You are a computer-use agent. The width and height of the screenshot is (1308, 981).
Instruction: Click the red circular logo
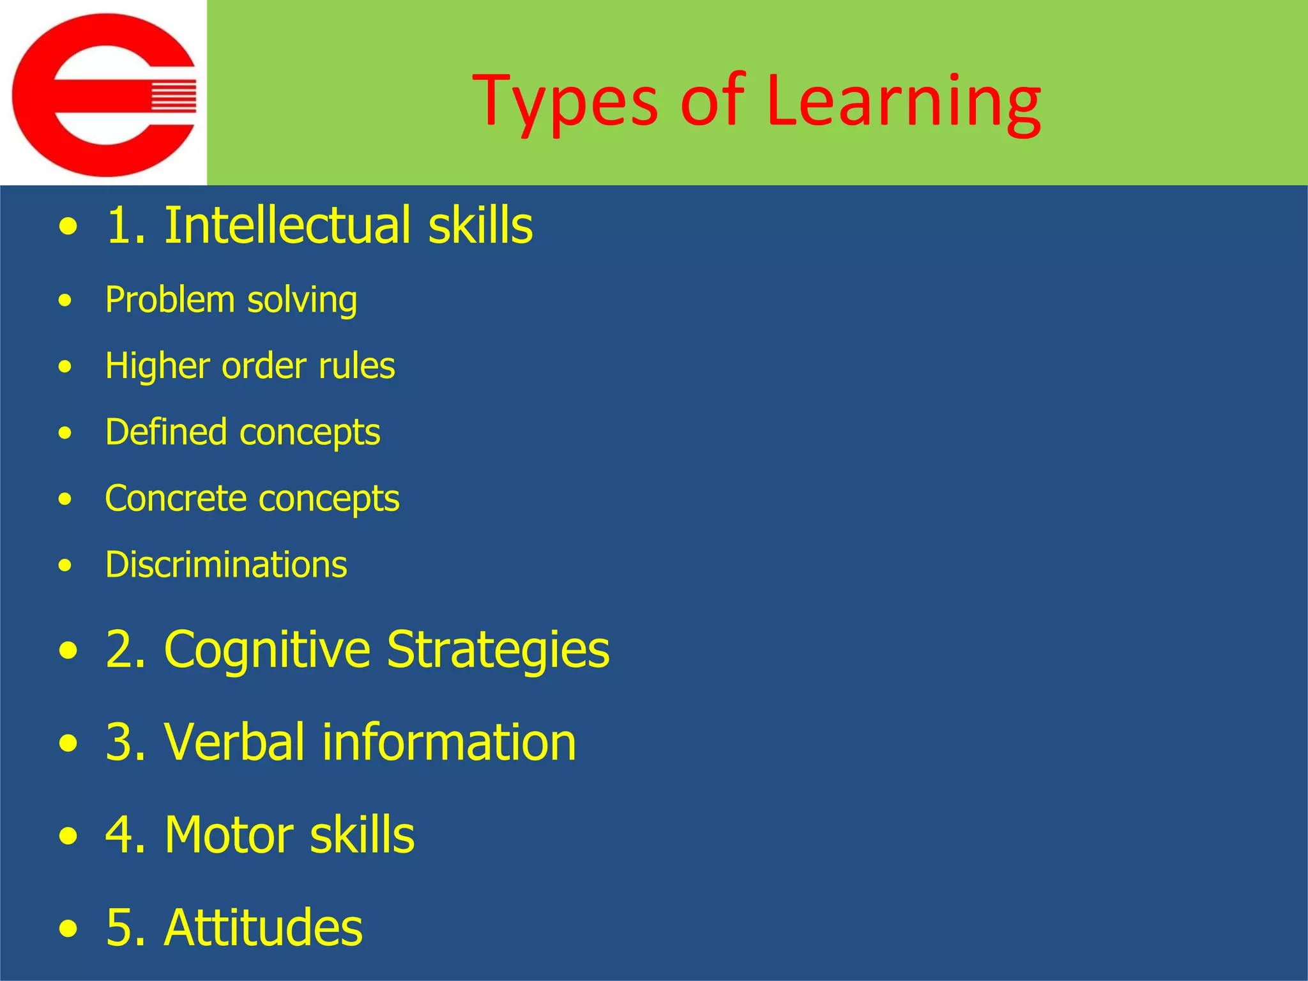coord(103,95)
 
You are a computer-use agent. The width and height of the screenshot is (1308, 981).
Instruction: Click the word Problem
coord(170,300)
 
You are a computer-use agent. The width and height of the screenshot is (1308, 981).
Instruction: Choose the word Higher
coord(157,366)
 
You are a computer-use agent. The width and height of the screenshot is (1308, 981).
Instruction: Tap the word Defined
coord(165,432)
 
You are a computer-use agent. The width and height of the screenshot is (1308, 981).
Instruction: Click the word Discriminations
coord(226,565)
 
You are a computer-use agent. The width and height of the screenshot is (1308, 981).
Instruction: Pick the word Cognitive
coord(267,649)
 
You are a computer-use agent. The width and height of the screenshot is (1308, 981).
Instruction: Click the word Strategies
coord(498,649)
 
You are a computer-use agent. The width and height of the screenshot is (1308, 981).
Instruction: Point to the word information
coord(449,742)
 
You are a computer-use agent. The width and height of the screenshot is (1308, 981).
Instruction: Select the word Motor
coord(229,835)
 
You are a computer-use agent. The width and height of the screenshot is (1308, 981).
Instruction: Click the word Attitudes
coord(263,927)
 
